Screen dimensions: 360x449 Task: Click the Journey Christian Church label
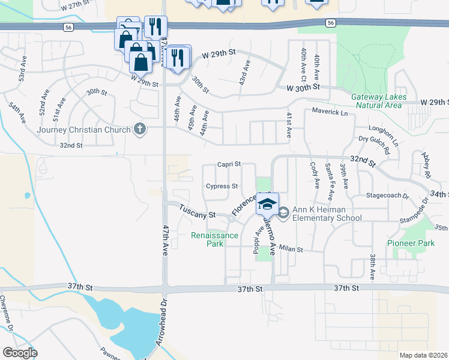point(83,130)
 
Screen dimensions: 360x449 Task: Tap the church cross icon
point(140,129)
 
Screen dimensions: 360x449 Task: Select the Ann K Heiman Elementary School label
point(327,214)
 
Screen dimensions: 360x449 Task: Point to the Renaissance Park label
point(214,239)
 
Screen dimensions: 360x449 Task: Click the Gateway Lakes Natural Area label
point(378,101)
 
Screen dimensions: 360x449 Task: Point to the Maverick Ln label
point(330,112)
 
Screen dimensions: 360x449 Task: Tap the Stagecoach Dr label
point(387,196)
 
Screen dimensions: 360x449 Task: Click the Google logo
point(20,352)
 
